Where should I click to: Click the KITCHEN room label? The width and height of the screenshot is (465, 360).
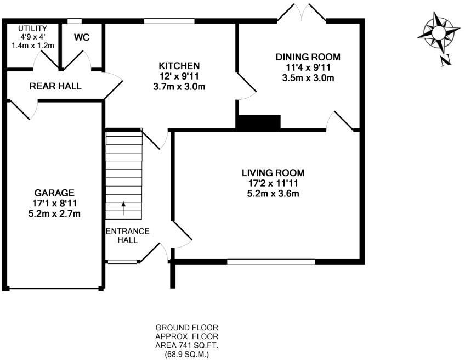coord(176,66)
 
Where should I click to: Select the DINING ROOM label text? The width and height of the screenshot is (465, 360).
coord(308,57)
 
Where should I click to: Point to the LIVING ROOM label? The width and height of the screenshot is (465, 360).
coord(273,173)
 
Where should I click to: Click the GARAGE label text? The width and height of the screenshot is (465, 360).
coord(54,193)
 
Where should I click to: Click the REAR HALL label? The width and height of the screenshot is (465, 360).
coord(55,86)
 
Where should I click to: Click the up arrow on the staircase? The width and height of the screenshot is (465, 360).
coord(123,207)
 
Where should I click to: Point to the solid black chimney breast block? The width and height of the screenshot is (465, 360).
coord(258,122)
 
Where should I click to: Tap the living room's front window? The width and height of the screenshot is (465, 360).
coord(271,262)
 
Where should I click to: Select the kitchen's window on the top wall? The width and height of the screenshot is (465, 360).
coord(169,21)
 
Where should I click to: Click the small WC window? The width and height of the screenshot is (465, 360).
coord(74,21)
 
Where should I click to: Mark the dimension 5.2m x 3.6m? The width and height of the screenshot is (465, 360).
coord(273,193)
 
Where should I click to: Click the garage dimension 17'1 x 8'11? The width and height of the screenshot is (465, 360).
coord(54,203)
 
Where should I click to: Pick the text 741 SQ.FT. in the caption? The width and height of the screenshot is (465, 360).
coord(194,346)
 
